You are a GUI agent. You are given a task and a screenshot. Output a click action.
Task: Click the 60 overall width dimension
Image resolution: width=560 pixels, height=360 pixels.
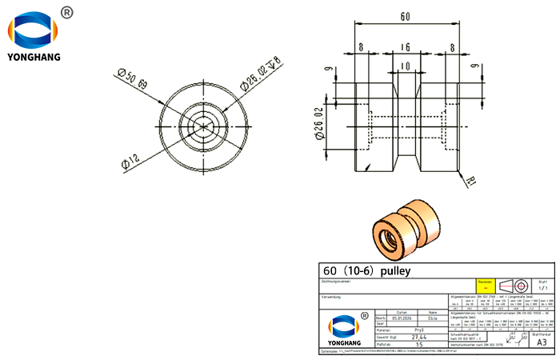405,15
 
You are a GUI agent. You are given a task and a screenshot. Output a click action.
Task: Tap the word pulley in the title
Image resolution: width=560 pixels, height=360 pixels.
394,271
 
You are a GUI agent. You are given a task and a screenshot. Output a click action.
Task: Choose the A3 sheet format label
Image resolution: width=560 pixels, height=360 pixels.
542,342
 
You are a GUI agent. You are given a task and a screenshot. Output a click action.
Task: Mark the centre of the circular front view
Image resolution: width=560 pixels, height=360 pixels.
205,124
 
